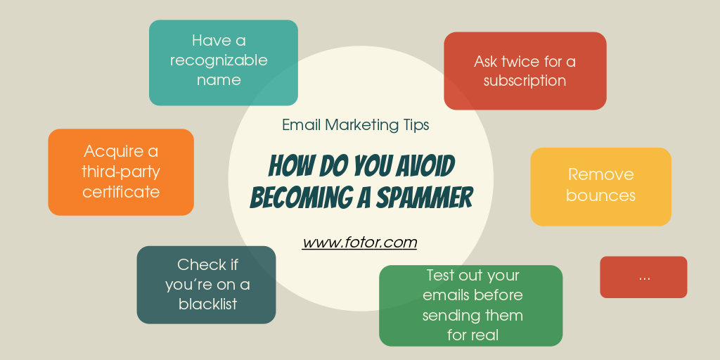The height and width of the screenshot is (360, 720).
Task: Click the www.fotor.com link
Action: [x=359, y=243]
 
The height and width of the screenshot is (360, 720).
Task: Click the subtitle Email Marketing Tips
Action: [x=355, y=125]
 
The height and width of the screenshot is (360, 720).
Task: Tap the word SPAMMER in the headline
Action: [x=424, y=198]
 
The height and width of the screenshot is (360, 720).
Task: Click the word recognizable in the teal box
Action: [x=219, y=60]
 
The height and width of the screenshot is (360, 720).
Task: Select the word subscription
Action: [x=525, y=81]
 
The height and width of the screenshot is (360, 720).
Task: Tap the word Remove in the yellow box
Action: [x=600, y=174]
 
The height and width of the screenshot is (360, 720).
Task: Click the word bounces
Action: [x=600, y=195]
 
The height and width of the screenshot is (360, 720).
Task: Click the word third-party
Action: [x=121, y=172]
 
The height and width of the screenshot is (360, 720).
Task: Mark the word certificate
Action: [x=121, y=191]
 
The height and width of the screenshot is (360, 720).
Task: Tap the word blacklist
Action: [x=207, y=304]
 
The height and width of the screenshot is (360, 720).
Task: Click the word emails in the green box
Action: [x=447, y=295]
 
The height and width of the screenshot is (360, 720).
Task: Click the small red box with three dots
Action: [x=643, y=277]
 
